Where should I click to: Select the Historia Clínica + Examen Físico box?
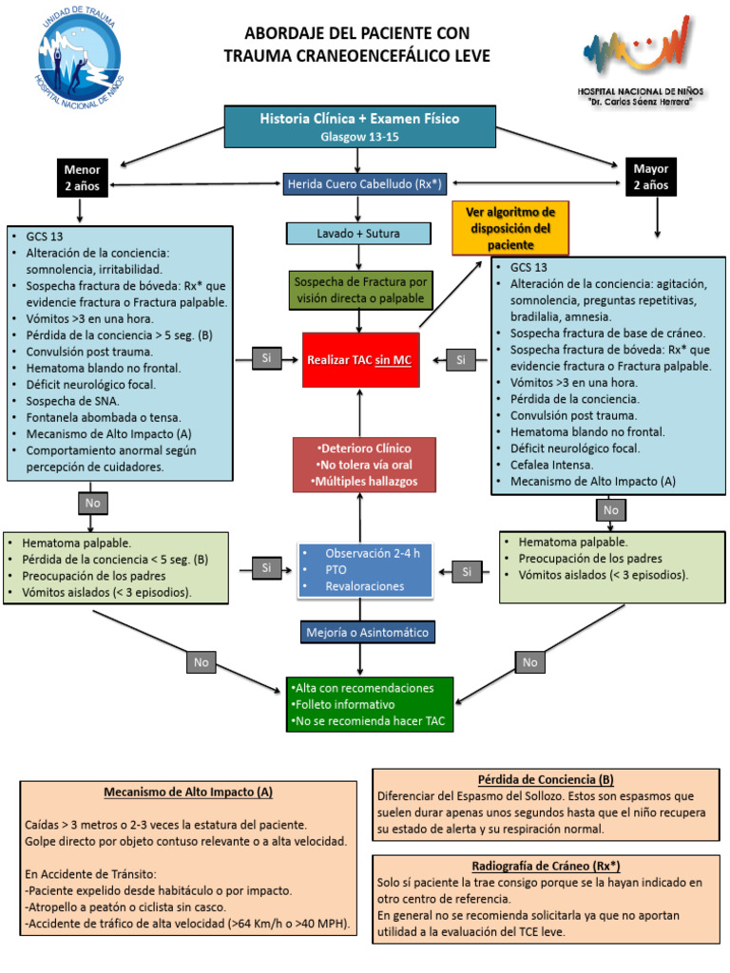(x=358, y=125)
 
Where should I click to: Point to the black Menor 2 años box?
(x=83, y=178)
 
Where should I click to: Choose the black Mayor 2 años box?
(x=650, y=177)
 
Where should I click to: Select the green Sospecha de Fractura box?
(x=360, y=290)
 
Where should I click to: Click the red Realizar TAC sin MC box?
(x=359, y=360)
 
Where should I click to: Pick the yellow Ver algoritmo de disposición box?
(x=510, y=227)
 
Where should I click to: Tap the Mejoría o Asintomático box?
(x=359, y=632)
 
